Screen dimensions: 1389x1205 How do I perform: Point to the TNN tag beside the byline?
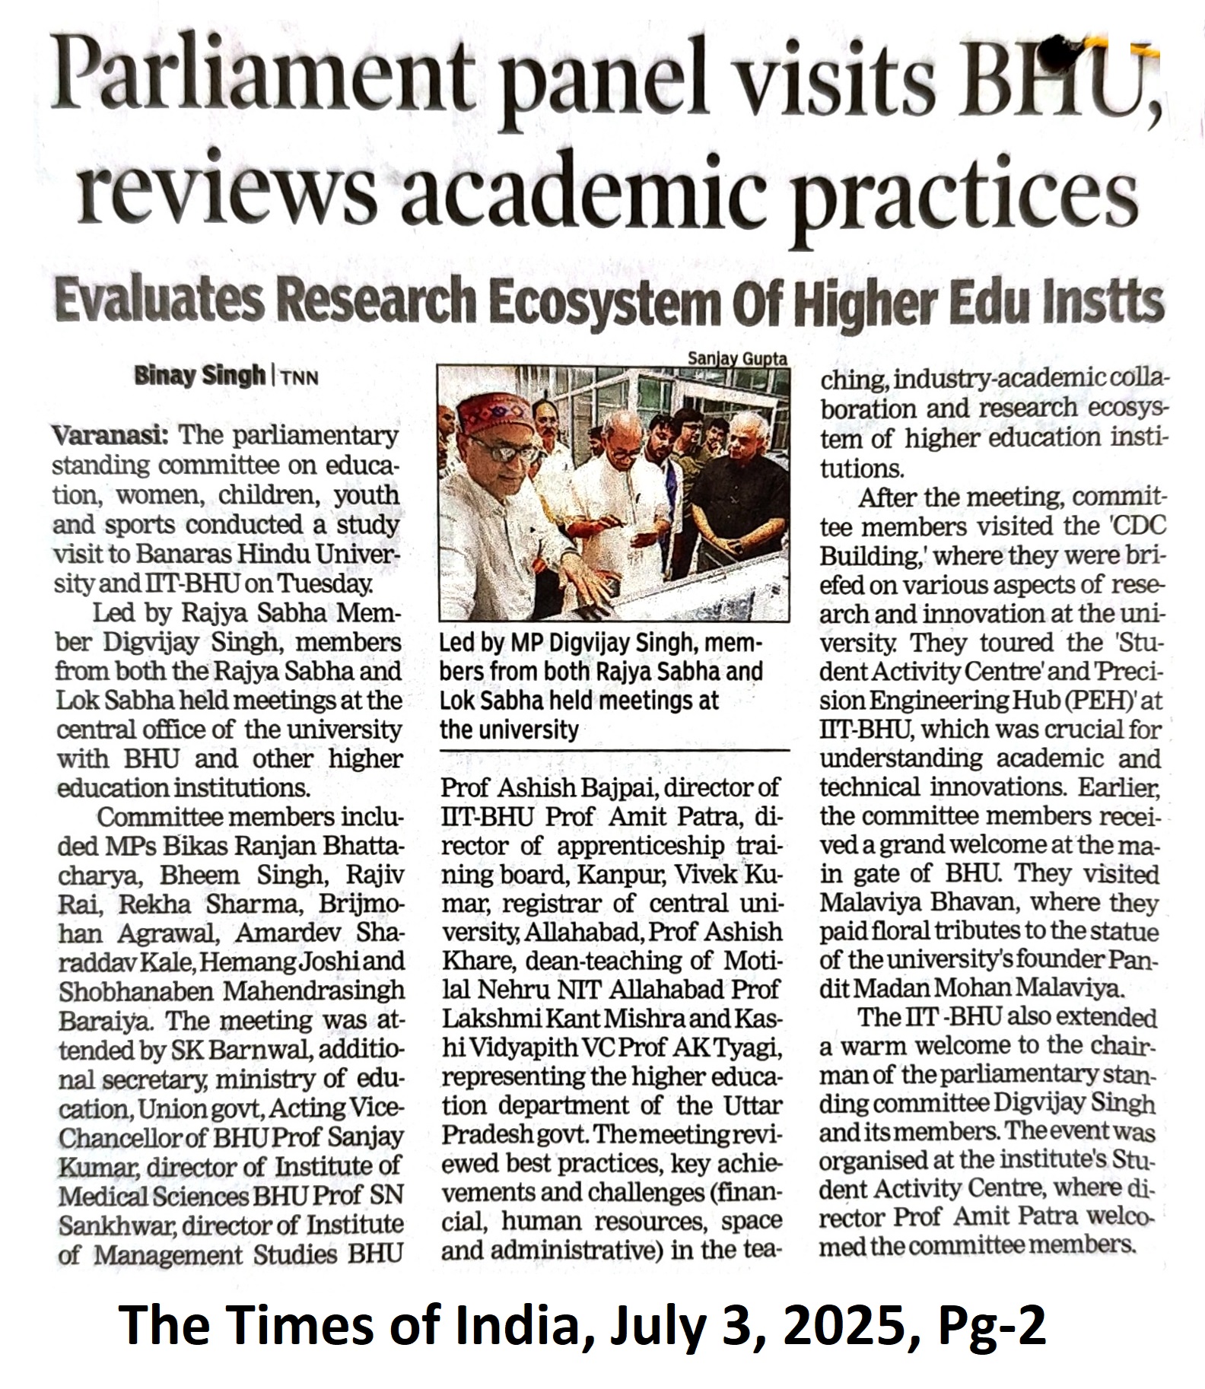point(299,377)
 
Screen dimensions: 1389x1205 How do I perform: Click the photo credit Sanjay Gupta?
point(737,358)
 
